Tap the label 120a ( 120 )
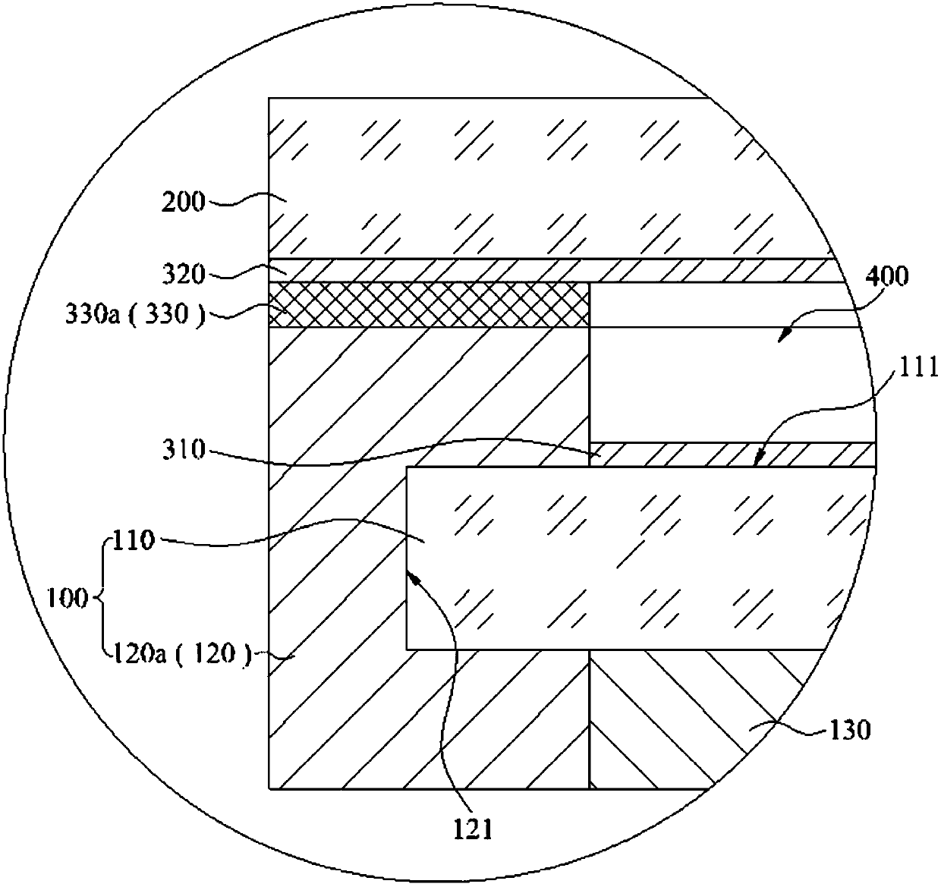pos(181,653)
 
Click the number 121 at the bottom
pos(475,829)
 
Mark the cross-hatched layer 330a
pos(430,305)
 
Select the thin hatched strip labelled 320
pos(554,270)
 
